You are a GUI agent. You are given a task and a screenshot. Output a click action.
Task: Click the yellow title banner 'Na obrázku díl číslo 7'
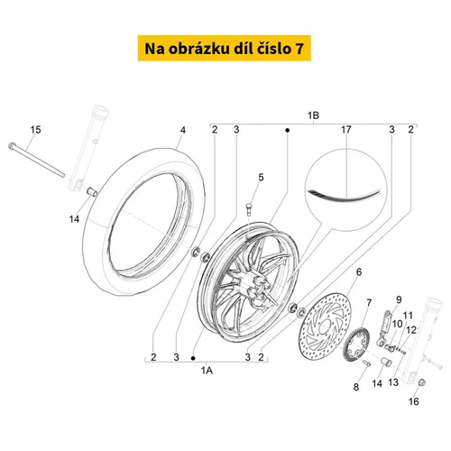(x=225, y=48)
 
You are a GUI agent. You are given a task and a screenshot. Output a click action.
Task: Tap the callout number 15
(x=35, y=130)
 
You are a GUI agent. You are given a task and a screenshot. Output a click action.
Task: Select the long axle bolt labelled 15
(x=37, y=161)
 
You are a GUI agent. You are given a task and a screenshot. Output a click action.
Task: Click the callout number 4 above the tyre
(x=183, y=130)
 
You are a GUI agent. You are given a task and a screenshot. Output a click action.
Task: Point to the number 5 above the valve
(x=261, y=178)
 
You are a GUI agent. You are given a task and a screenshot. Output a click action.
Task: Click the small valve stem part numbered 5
(x=249, y=209)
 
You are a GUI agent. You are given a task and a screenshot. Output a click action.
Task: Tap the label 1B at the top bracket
(x=313, y=115)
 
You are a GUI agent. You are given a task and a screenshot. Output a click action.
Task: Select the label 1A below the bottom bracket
(x=207, y=371)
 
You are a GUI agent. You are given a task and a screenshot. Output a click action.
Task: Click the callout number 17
(x=346, y=130)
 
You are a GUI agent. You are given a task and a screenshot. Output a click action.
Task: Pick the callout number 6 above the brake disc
(x=359, y=272)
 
